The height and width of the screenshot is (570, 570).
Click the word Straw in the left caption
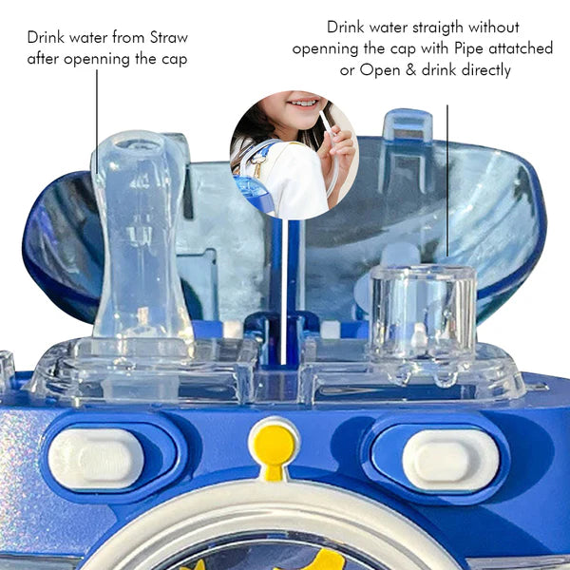169,37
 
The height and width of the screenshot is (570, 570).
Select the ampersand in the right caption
410,69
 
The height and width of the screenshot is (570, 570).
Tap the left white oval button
96,458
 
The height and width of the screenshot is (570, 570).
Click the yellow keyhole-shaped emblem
275,450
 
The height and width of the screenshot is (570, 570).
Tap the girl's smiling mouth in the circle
303,103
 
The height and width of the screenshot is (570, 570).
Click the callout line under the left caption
97,121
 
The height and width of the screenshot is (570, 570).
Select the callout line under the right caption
447,180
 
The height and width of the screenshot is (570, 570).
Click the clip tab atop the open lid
408,124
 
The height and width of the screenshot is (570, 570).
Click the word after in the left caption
43,59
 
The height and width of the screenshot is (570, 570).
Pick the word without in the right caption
494,28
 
